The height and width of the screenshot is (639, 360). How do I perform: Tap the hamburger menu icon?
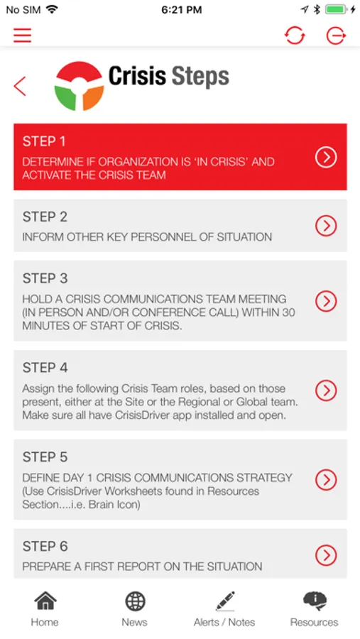[x=22, y=35]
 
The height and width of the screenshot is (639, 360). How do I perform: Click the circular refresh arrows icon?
[x=295, y=35]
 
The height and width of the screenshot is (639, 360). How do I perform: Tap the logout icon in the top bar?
[x=337, y=36]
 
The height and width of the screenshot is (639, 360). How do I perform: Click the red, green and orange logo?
[x=79, y=86]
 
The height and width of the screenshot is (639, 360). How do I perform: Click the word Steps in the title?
[x=200, y=76]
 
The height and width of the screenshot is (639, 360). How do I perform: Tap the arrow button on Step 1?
[x=326, y=157]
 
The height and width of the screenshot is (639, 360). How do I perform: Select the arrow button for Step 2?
[x=326, y=225]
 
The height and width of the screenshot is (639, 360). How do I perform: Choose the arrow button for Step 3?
[x=326, y=301]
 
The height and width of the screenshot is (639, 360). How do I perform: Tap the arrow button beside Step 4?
[x=326, y=390]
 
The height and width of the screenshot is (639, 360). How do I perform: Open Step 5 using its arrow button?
[x=326, y=480]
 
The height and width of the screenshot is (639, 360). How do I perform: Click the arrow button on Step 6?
[x=326, y=555]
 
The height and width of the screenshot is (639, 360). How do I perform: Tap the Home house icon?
[x=45, y=601]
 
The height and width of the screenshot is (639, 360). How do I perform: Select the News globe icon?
[x=135, y=601]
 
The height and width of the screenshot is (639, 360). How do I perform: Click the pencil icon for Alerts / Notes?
[x=225, y=601]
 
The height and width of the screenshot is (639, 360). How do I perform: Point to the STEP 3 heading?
[x=45, y=278]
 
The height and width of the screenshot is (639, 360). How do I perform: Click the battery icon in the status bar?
[x=336, y=10]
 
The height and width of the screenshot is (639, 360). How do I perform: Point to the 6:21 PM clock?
[x=182, y=10]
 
